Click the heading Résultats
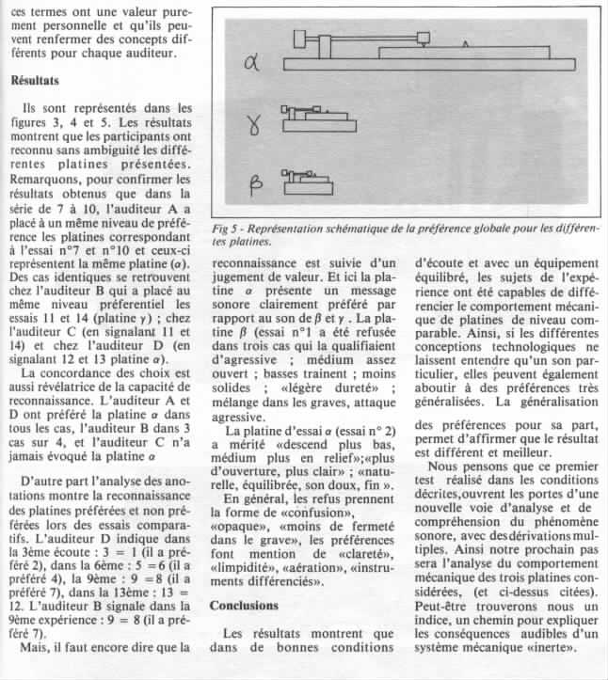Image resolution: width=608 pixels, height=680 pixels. coord(35,81)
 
